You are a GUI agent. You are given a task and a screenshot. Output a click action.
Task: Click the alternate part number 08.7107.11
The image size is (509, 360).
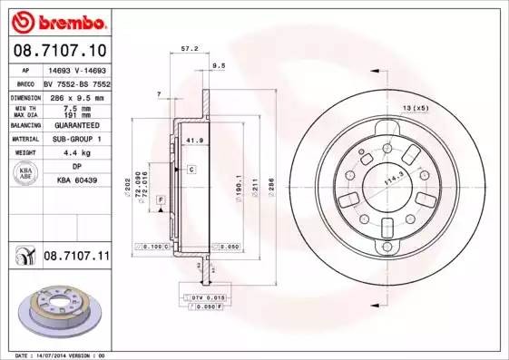(76, 258)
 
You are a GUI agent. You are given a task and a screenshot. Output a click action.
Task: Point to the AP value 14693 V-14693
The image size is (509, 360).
(75, 70)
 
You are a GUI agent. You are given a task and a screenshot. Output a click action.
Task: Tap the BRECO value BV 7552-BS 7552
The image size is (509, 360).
(75, 83)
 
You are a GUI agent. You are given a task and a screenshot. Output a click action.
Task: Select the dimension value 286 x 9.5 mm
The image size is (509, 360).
(75, 96)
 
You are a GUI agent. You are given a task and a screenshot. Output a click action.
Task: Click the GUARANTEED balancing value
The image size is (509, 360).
(75, 126)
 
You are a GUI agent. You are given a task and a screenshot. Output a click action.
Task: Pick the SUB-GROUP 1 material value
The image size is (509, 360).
(75, 140)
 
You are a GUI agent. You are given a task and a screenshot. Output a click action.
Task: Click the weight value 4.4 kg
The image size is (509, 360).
(75, 153)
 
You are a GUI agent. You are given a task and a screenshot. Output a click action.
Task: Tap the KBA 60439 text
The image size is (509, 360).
(75, 180)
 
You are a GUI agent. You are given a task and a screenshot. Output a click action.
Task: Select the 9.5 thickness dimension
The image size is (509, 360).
(219, 66)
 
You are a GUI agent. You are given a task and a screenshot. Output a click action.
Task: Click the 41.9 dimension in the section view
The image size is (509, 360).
(192, 141)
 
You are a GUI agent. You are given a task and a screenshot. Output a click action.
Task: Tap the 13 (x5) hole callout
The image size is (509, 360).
(414, 108)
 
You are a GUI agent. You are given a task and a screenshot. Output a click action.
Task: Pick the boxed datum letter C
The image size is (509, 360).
(192, 170)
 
